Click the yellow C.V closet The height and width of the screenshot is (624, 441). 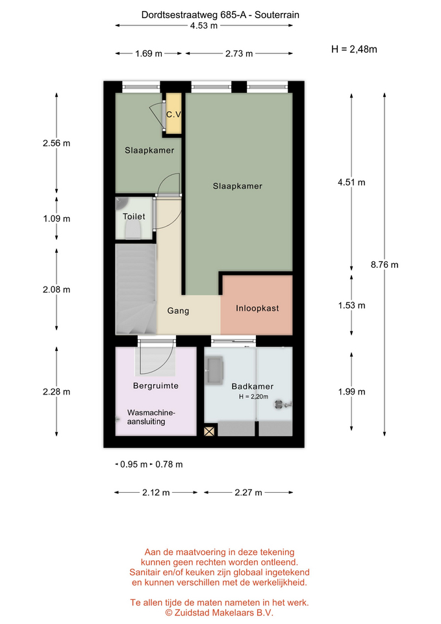pos(174,113)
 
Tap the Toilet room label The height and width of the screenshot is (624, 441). pos(134,216)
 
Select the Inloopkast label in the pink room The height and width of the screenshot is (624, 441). pos(257,308)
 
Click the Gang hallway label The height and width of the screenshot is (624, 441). pos(178,311)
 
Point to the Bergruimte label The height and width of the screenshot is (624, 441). pos(155,385)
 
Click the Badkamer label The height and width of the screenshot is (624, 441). pos(253,386)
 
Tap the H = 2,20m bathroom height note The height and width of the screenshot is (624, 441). pos(254,396)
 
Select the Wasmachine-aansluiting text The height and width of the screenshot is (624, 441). pos(151,417)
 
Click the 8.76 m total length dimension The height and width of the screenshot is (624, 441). pos(384,265)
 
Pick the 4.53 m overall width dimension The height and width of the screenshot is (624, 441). pos(203,26)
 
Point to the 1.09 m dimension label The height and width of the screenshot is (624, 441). pos(57,218)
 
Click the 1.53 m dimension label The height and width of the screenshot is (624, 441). pos(351,305)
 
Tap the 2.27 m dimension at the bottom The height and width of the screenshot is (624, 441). pos(248,493)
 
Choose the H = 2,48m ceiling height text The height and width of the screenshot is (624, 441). pos(354,49)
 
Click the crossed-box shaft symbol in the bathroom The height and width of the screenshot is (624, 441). pos(209,431)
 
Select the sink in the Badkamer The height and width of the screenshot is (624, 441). pos(215,370)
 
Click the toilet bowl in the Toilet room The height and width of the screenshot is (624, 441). pos(132,230)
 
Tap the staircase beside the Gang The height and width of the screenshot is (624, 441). pos(136,289)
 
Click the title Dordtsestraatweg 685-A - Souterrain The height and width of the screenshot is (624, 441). pos(220,15)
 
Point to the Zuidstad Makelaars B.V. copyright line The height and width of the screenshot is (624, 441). pos(219,613)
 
